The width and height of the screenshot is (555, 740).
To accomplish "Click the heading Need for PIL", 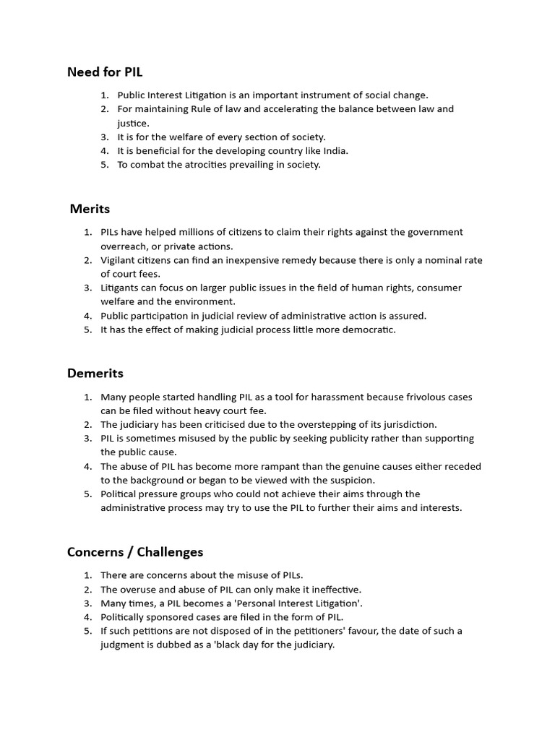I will [109, 72].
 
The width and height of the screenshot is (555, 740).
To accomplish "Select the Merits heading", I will [90, 209].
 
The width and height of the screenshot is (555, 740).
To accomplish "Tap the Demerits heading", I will [95, 374].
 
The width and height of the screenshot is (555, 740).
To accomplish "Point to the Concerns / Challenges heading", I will [135, 552].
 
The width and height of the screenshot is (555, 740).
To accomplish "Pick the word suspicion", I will [349, 480].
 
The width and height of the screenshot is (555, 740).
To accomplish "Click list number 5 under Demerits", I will [87, 494].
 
